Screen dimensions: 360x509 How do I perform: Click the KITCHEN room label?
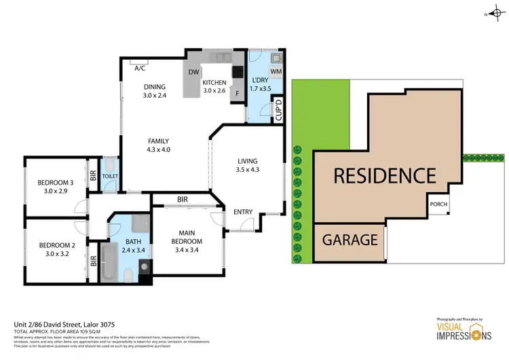point(214,82)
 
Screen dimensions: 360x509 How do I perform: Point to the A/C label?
point(140,69)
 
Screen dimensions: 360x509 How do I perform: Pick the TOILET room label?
point(110,177)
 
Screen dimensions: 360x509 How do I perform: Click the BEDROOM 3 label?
point(56,182)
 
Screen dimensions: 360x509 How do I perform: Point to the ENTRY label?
point(243,212)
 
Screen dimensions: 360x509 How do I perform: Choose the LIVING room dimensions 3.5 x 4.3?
point(248,170)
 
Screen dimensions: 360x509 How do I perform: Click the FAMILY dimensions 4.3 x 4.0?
point(159,150)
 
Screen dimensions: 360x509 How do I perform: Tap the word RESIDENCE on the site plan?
point(384,175)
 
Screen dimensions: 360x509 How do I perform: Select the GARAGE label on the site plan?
point(350,240)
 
